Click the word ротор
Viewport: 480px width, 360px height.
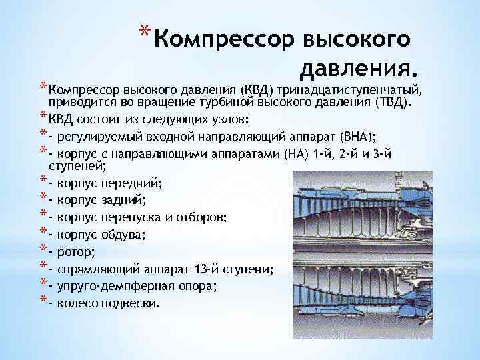click(75, 251)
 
